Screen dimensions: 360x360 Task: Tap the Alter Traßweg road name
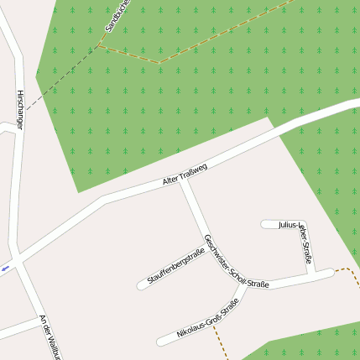pos(185,175)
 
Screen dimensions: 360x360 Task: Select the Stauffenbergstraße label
pos(176,265)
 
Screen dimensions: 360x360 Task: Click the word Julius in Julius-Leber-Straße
pos(289,225)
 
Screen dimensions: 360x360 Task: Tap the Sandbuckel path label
pos(114,17)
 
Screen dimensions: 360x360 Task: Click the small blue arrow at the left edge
pos(6,268)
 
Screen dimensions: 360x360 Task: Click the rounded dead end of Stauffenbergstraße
pos(142,285)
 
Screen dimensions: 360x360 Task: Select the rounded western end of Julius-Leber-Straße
pos(265,224)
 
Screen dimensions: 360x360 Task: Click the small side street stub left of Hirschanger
pos(7,127)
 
